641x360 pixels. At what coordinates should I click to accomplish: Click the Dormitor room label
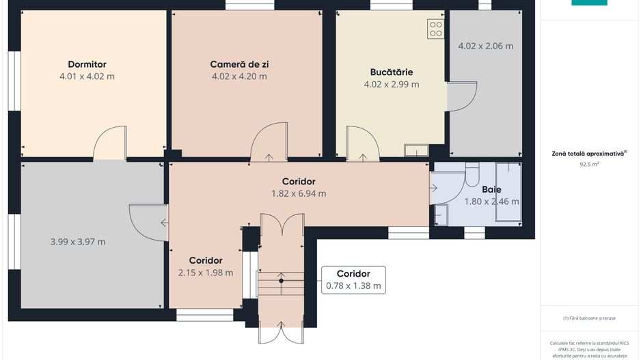tap(87, 64)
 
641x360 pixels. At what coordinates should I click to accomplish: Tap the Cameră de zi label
tap(239, 64)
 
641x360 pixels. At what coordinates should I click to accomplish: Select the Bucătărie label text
tap(392, 72)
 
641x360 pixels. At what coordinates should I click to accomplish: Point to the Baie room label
tap(491, 190)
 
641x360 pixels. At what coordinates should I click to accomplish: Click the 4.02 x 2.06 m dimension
tap(486, 46)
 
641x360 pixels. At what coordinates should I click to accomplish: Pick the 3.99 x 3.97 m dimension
tap(78, 242)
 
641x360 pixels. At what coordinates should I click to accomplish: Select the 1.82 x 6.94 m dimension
tap(299, 194)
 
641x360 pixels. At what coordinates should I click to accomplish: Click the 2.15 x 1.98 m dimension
tap(206, 273)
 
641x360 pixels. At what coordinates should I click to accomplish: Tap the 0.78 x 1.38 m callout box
tap(353, 280)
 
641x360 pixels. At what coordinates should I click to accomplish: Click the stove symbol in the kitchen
tap(436, 29)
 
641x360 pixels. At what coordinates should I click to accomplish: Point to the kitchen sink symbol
tap(416, 150)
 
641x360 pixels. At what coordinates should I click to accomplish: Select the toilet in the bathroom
tap(472, 174)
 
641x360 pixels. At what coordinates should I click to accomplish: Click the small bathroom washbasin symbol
tap(441, 215)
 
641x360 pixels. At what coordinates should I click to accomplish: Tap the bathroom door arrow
tap(434, 188)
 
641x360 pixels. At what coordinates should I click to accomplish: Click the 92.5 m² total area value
tap(589, 165)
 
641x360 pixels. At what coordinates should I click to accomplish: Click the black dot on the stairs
tap(281, 281)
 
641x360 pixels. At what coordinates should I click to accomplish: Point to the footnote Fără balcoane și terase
tap(589, 318)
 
